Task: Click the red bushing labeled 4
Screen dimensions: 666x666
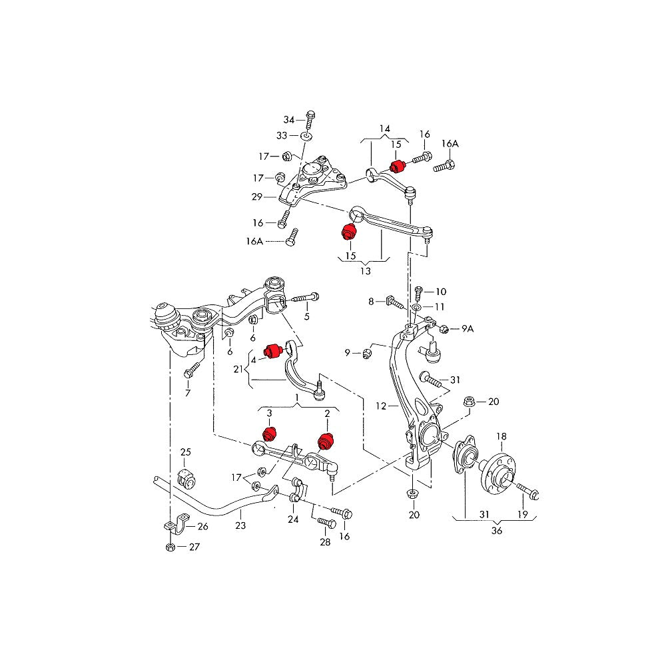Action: coord(271,350)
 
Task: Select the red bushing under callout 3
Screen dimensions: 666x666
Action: coord(269,434)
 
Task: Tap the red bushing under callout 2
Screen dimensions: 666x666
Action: coord(326,441)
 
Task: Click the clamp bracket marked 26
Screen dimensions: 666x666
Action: coord(173,526)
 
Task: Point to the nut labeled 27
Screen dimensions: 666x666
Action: coord(170,547)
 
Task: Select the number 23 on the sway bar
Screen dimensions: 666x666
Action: coord(240,525)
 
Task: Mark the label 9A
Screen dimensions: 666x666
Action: coord(468,328)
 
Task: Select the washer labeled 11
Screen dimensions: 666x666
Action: coord(416,308)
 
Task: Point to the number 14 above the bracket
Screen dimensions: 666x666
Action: coord(385,129)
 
